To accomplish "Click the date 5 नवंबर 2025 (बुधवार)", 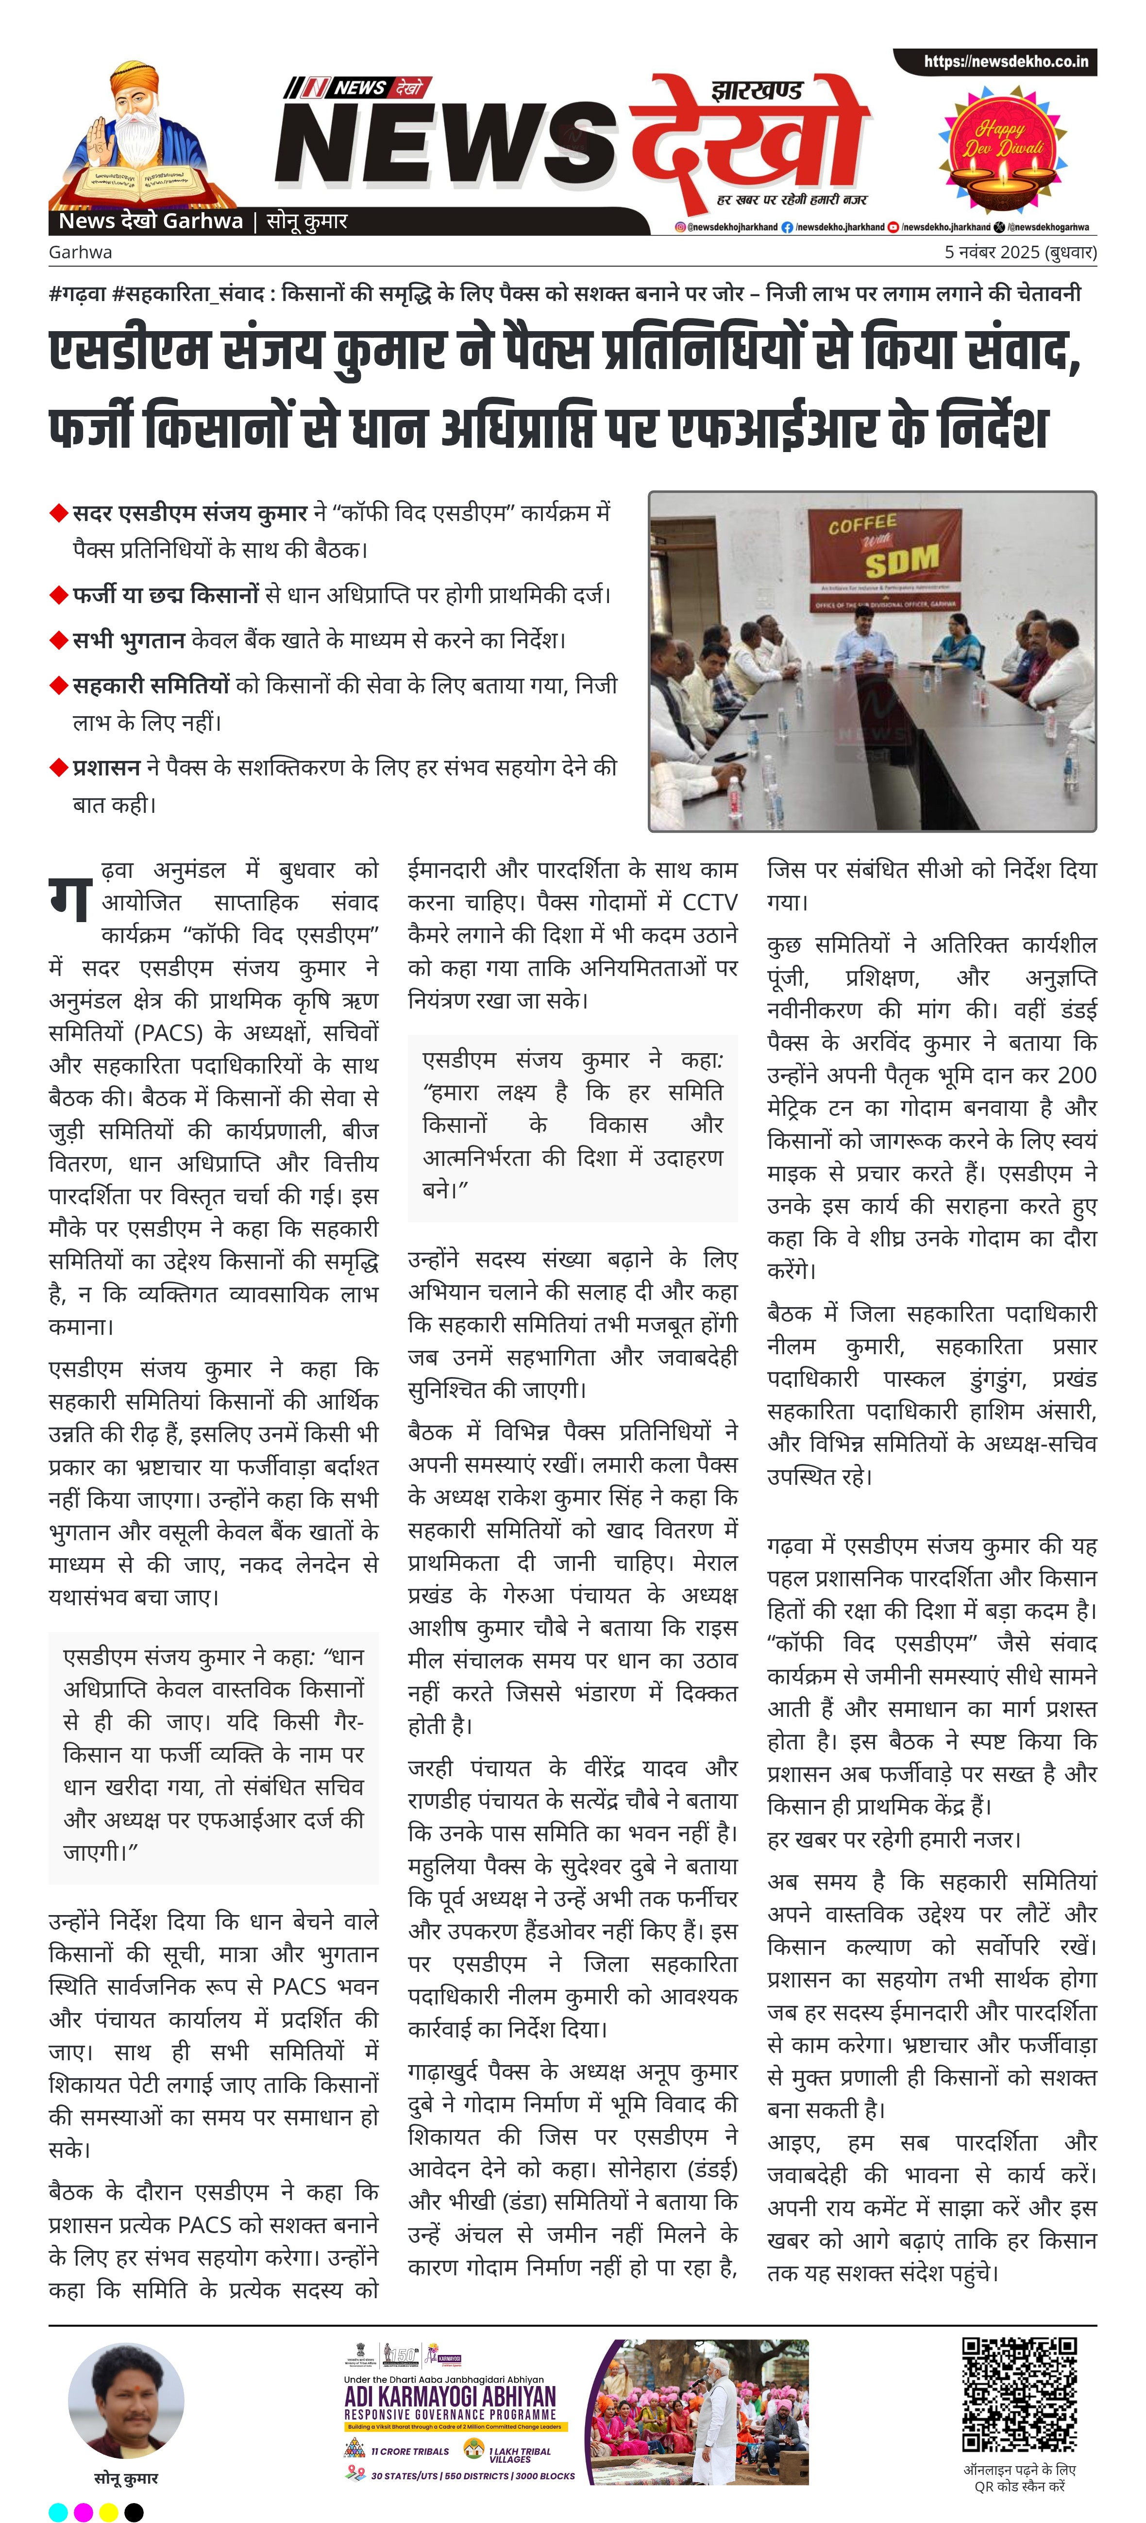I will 1020,252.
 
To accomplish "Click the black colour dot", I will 134,2512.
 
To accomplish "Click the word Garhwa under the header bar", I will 80,252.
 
